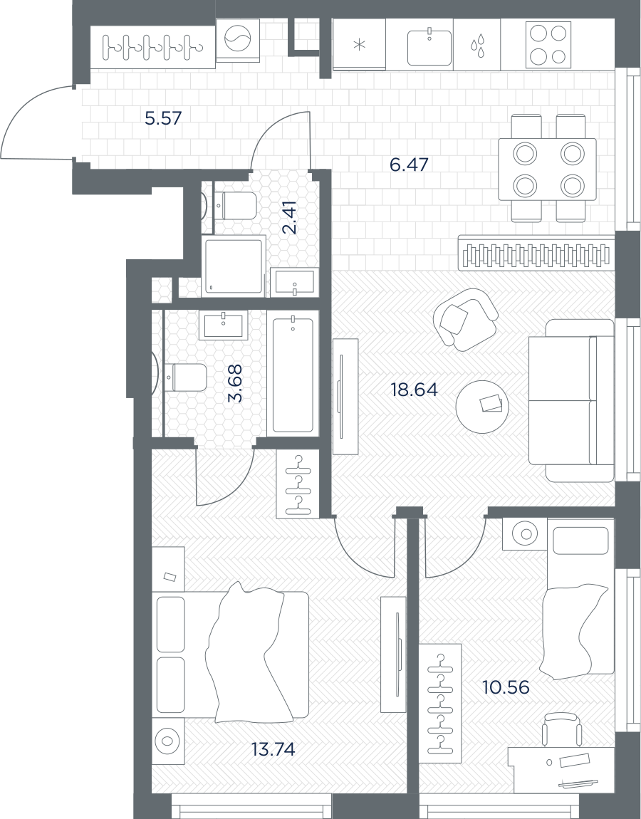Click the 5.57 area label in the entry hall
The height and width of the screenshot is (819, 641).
click(163, 118)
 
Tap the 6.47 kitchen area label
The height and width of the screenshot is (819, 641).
click(409, 165)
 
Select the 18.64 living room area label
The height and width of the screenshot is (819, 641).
click(415, 390)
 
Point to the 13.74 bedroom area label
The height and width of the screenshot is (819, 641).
click(273, 750)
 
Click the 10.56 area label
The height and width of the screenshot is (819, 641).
click(506, 687)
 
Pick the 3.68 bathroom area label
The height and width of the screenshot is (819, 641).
click(236, 383)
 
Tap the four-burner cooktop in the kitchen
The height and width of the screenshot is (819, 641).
click(548, 44)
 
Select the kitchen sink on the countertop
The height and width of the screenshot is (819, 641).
click(429, 47)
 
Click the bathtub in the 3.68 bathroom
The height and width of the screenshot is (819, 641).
click(293, 373)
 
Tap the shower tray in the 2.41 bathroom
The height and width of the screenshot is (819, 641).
click(233, 266)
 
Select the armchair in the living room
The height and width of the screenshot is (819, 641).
click(465, 319)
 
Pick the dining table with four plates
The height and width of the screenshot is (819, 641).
click(547, 169)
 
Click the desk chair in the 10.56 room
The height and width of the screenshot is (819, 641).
click(562, 730)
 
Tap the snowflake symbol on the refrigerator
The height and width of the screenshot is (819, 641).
click(360, 44)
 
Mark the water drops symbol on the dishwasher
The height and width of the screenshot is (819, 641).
click(477, 45)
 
